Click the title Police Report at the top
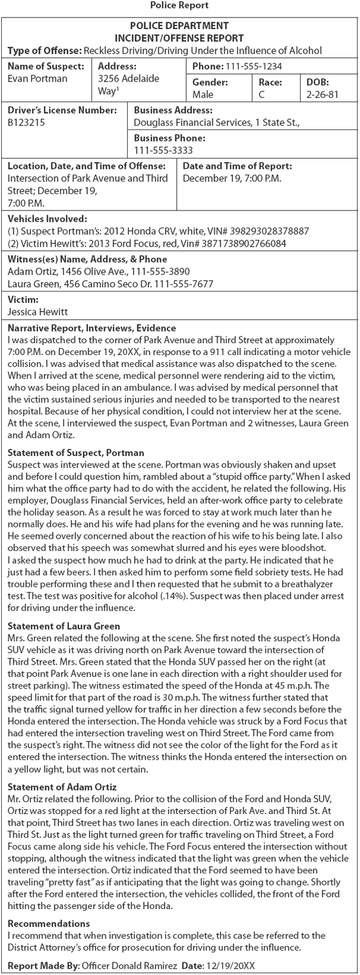point(179,5)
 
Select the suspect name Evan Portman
point(38,79)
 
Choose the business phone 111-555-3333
point(164,150)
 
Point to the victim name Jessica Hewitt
point(38,312)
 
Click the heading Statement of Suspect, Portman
point(76,452)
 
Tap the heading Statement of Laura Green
point(64,626)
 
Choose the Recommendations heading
point(49,924)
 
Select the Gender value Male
point(203,94)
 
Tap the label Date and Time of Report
point(237,166)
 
